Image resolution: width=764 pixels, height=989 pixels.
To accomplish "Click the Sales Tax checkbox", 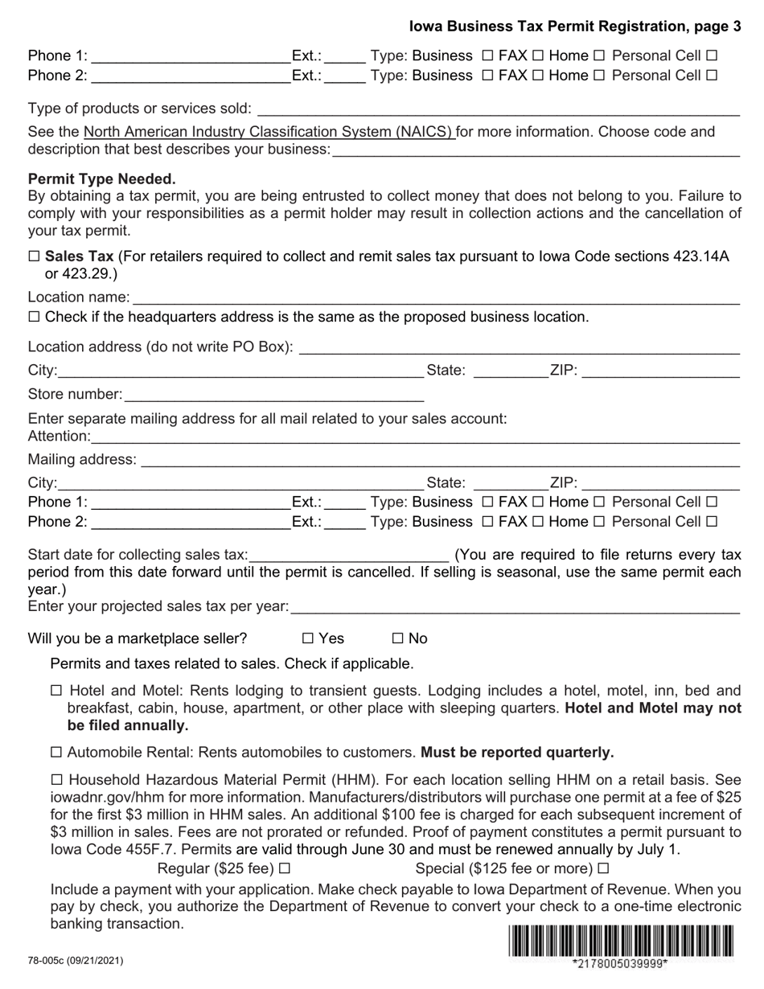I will [34, 256].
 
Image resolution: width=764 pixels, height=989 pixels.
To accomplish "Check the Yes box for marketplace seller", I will [307, 638].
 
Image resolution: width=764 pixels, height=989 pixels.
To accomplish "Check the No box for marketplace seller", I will [397, 638].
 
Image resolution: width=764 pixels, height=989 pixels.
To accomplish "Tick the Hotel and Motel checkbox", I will [56, 691].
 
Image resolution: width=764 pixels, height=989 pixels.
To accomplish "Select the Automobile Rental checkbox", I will [56, 753].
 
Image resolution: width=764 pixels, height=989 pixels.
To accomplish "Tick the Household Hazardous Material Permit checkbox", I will [56, 780].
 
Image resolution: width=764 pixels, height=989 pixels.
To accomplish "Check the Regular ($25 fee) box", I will [284, 868].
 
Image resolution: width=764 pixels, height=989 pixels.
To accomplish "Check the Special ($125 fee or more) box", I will [604, 868].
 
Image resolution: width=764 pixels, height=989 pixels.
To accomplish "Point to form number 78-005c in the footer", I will [76, 961].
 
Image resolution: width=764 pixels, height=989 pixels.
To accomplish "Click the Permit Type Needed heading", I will [101, 179].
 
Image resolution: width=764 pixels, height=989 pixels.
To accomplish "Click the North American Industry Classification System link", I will [269, 132].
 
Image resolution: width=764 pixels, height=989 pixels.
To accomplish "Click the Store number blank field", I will [273, 395].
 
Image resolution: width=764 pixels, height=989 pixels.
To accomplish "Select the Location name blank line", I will [435, 298].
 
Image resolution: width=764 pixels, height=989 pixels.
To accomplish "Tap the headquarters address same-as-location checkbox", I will [34, 317].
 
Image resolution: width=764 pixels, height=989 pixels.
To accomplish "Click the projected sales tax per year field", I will [515, 607].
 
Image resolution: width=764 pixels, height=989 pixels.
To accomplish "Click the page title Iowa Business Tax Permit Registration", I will [575, 27].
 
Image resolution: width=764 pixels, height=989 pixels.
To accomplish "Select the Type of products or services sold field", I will [497, 109].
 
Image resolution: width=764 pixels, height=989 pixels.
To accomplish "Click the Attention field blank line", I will [414, 437].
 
